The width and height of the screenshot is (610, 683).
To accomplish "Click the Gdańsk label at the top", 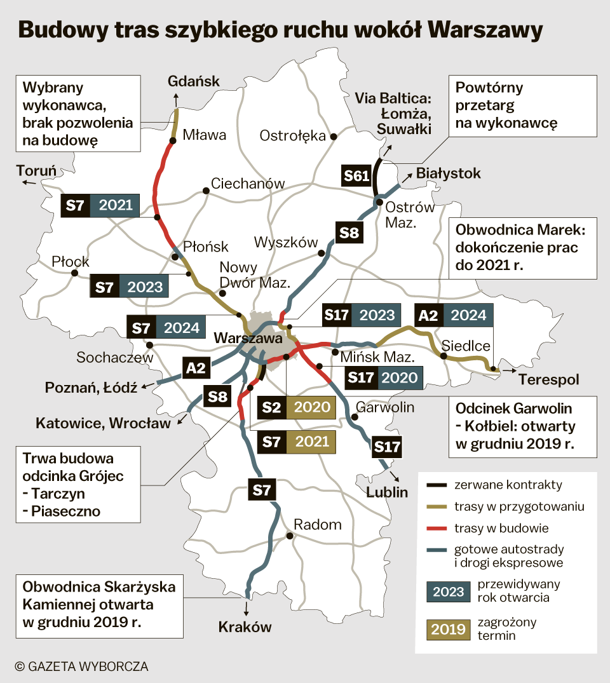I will pyautogui.click(x=193, y=81).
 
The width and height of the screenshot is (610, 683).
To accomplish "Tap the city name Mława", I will pyautogui.click(x=204, y=135).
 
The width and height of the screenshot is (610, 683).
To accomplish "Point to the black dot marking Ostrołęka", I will pyautogui.click(x=333, y=136).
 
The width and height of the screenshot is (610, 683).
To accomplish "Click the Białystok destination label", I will pyautogui.click(x=449, y=173).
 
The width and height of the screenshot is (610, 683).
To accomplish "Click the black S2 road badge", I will pyautogui.click(x=271, y=407).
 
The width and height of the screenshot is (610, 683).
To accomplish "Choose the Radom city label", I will pyautogui.click(x=317, y=525).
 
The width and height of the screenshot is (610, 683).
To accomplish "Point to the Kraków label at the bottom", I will pyautogui.click(x=245, y=627).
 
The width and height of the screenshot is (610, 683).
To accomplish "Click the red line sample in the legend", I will pyautogui.click(x=437, y=528).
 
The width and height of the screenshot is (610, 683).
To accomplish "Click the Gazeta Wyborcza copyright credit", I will pyautogui.click(x=81, y=666).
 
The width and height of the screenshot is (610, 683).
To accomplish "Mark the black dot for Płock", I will pyautogui.click(x=74, y=273).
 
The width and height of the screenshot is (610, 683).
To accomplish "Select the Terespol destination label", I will pyautogui.click(x=549, y=380).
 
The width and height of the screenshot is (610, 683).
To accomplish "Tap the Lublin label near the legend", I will pyautogui.click(x=387, y=491).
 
